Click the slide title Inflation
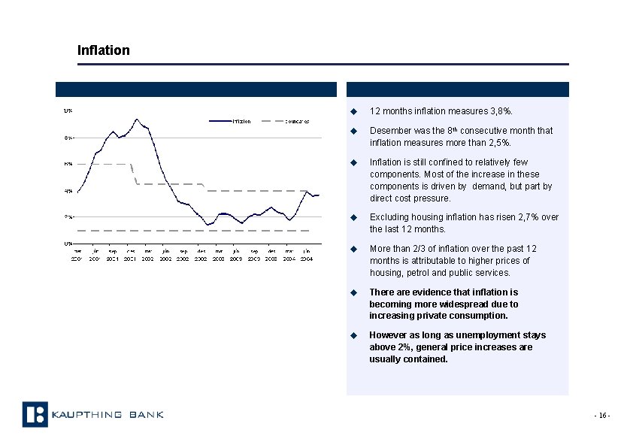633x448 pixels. pos(104,50)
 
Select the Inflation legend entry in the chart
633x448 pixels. pos(241,121)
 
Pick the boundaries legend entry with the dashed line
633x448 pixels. pos(297,121)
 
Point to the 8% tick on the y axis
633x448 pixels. pos(68,138)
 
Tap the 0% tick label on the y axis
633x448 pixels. pos(68,244)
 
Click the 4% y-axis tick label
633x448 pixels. pos(68,191)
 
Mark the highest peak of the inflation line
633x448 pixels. pos(136,119)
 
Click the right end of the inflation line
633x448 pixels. pos(319,195)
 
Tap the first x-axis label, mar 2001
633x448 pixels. pos(77,255)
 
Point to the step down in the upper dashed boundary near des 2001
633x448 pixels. pos(134,174)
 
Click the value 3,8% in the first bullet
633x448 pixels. pos(501,111)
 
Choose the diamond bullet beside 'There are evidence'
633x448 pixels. pos(352,292)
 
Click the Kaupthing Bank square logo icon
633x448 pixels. pos(35,414)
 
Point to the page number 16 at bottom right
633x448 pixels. pos(601,416)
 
